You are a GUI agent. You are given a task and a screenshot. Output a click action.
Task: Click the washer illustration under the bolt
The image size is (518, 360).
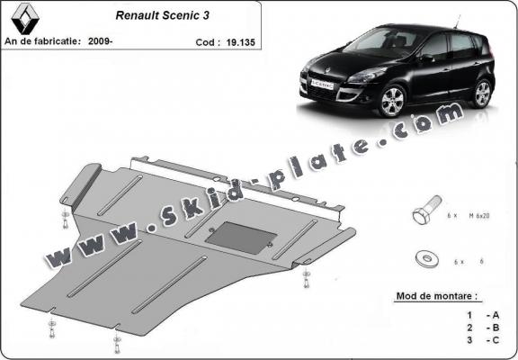pyautogui.click(x=423, y=258)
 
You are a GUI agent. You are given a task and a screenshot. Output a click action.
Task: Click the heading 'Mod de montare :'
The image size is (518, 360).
pyautogui.click(x=437, y=295)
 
